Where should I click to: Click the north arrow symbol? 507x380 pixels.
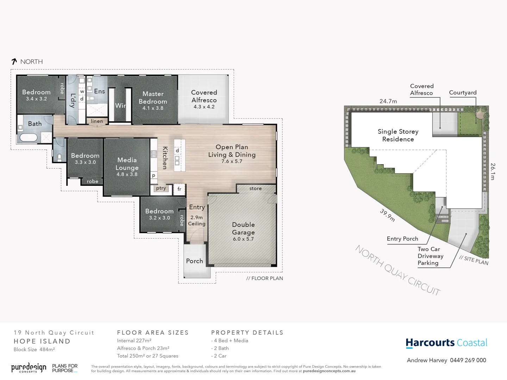pos(14,62)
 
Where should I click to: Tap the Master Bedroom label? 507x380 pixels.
pos(153,98)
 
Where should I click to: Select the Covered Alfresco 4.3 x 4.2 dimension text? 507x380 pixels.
pos(204,107)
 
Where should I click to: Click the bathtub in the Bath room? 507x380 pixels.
pos(28,137)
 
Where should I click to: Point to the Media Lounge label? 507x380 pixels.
pos(127,164)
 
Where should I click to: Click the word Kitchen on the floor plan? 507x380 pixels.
pos(165,158)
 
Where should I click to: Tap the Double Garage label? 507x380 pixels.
pos(243,228)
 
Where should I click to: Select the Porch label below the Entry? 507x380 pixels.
pos(194,261)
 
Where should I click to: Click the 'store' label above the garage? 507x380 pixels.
pos(255,189)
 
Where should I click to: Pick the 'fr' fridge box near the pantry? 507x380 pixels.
pos(179,189)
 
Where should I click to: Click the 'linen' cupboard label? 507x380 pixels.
pos(97,121)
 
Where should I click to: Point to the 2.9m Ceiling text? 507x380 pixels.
pos(196,221)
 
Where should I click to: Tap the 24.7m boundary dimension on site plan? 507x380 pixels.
pos(388,101)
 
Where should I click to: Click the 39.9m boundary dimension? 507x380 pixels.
pos(387,215)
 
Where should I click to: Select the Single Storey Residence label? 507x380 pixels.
pos(398,135)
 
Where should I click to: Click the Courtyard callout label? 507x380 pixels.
pos(463,93)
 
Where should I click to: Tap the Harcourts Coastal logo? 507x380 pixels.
pos(446,343)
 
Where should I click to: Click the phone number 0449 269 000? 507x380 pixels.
pos(468,360)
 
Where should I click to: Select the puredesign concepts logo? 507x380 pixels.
pos(29,368)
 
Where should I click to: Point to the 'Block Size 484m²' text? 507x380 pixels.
pos(34,350)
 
